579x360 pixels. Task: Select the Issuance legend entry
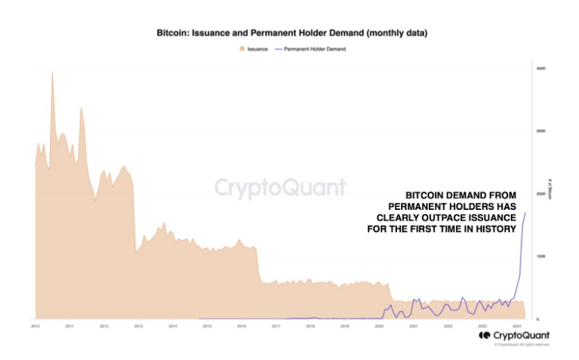point(254,49)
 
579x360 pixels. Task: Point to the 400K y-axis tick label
point(539,68)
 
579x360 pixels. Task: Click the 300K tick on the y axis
point(539,131)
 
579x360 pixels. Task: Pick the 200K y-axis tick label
point(539,193)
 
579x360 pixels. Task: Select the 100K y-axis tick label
point(539,256)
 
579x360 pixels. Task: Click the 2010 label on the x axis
point(35,325)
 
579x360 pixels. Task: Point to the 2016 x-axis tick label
point(241,325)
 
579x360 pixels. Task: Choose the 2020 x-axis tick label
point(379,325)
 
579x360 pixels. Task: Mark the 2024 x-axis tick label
point(516,325)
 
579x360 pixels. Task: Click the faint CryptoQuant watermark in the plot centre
point(279,188)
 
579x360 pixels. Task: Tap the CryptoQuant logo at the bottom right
point(514,335)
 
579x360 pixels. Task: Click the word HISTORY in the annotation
point(496,229)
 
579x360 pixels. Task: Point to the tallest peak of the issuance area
point(52,72)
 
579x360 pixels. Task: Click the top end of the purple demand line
point(525,212)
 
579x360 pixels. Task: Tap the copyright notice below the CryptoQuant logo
point(521,344)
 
